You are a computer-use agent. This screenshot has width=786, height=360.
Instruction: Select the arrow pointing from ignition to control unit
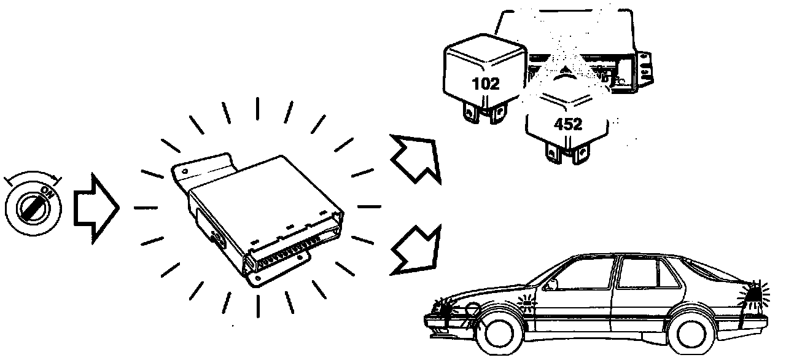[x=96, y=206]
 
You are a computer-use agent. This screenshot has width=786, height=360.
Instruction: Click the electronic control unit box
[x=264, y=209]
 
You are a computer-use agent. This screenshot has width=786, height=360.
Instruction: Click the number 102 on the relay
[x=486, y=84]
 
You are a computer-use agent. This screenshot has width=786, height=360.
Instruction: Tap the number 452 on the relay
[x=567, y=124]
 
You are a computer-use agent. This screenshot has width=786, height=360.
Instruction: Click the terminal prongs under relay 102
[x=485, y=115]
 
